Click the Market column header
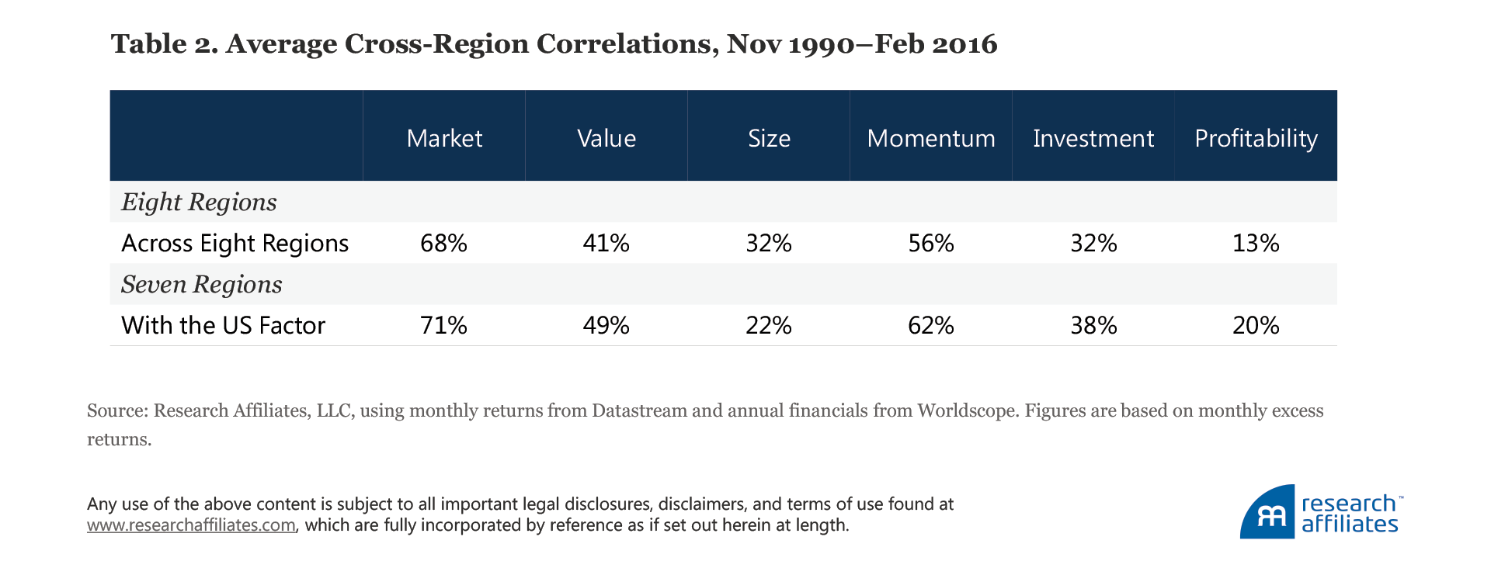444,138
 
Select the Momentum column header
931,138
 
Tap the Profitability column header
1256,138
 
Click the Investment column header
1093,138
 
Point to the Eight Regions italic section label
199,203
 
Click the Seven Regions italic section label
201,285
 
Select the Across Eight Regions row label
235,244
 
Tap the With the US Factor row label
223,325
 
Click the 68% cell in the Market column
443,244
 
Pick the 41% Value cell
606,244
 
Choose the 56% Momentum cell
931,244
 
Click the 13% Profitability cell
1256,244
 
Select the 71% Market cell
443,325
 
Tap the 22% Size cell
769,325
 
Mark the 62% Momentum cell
931,325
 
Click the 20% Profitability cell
1256,325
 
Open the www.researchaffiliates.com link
191,525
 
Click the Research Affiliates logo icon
1267,512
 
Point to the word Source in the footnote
114,410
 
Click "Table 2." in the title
164,43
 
